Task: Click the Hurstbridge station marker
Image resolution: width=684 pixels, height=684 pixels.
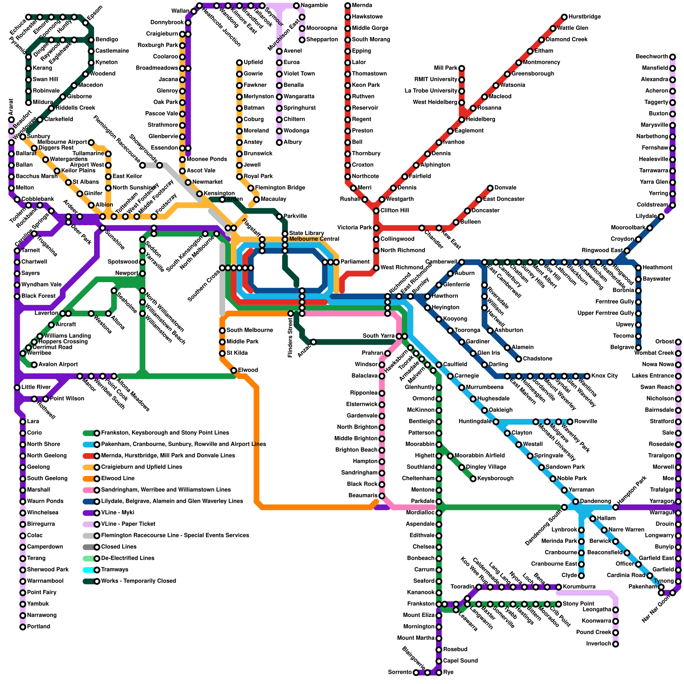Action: tap(564, 17)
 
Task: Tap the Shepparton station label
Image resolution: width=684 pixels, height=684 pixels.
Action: tap(322, 40)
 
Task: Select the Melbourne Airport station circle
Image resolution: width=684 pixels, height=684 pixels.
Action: tap(91, 142)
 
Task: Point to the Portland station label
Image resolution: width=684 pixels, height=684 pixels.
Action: tap(38, 627)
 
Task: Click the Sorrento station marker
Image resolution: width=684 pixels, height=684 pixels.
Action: tap(416, 672)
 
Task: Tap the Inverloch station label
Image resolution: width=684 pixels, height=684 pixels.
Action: tap(598, 644)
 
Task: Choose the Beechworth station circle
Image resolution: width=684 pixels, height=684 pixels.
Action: tap(672, 57)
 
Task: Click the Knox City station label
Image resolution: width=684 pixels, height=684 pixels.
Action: tap(604, 376)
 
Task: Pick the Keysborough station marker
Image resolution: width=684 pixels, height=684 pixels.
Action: tap(473, 479)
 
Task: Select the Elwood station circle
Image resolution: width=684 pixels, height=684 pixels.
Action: tap(234, 370)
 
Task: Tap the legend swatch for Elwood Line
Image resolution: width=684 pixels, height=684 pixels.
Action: tap(90, 478)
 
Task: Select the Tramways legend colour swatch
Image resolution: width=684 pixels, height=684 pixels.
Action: tap(90, 570)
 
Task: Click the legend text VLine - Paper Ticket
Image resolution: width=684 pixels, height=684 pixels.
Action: tap(128, 524)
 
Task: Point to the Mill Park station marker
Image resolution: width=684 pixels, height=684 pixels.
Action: tap(462, 68)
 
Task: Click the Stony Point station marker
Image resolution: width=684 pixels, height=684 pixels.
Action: tap(559, 604)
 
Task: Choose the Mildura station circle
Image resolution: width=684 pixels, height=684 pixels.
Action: tap(29, 103)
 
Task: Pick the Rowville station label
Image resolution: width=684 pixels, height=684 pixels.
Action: tap(585, 422)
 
